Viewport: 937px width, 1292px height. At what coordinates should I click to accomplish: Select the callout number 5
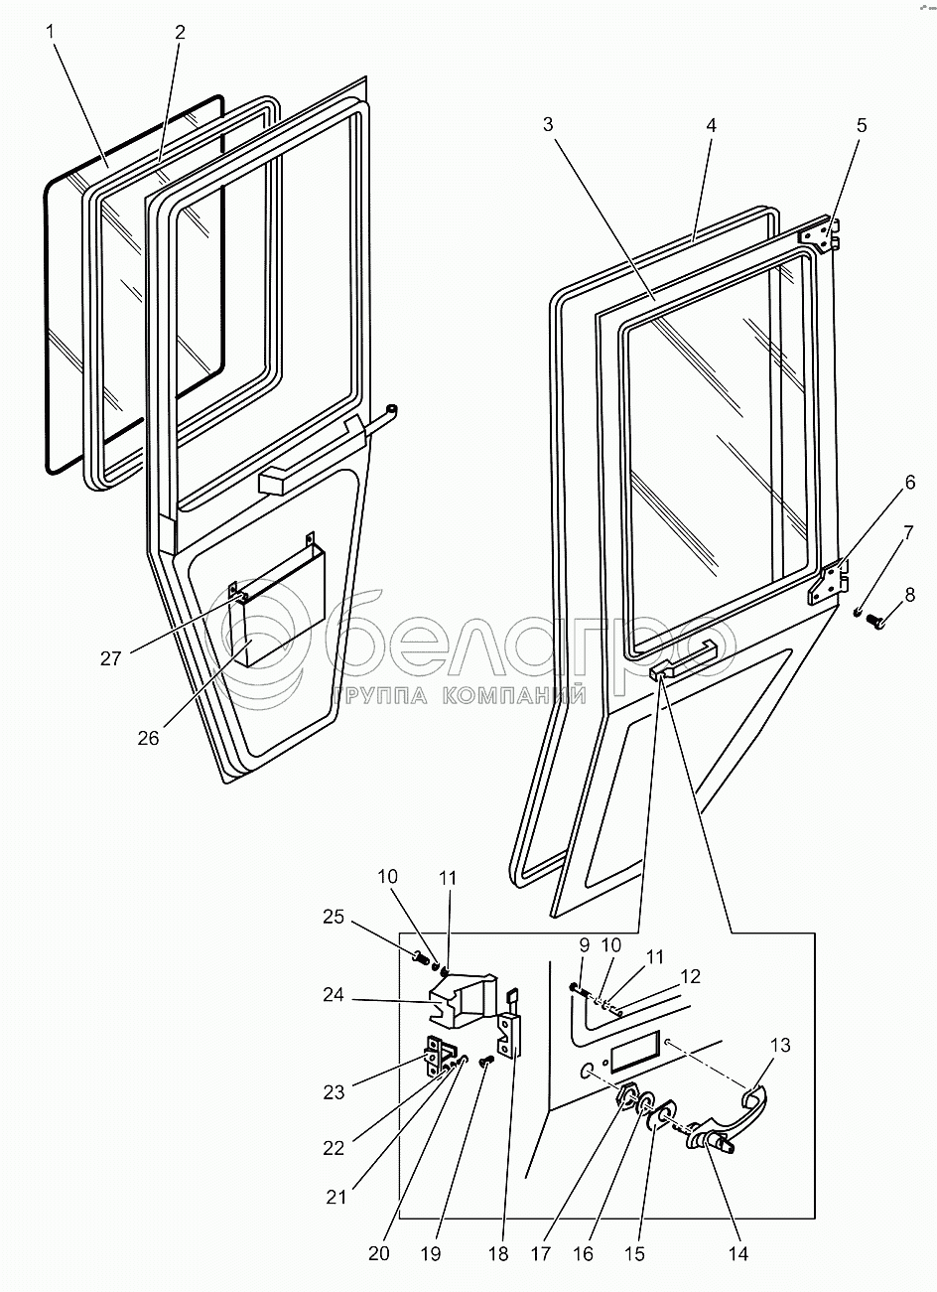point(861,125)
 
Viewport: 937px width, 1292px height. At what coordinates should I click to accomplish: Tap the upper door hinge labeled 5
point(823,232)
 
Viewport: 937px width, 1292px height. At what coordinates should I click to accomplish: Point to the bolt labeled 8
point(876,622)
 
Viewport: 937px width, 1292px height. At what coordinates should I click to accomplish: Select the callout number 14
point(737,1253)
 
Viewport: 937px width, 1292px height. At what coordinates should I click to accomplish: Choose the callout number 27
point(111,657)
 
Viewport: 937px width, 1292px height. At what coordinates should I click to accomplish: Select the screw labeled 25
point(418,959)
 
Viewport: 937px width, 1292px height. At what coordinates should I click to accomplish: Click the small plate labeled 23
point(437,1059)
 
